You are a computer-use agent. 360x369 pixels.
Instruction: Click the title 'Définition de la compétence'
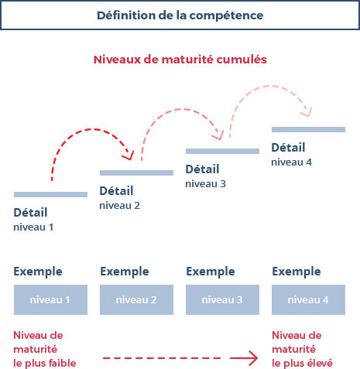coord(180,15)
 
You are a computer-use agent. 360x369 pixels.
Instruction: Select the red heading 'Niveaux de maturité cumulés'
coord(180,60)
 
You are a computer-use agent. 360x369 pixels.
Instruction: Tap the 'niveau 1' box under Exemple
coord(50,299)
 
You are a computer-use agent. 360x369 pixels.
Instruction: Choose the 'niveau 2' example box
coord(136,299)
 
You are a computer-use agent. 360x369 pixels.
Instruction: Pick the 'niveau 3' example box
coord(222,299)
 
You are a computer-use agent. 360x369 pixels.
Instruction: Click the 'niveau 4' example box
coord(308,299)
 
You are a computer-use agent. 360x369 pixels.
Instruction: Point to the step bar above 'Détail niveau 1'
coord(50,194)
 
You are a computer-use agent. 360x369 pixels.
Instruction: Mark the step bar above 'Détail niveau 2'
coord(136,173)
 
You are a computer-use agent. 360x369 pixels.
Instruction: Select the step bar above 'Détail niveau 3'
coord(222,151)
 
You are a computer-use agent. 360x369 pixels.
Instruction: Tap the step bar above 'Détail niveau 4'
coord(308,129)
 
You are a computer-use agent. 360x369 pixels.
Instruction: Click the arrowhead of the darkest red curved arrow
coord(129,156)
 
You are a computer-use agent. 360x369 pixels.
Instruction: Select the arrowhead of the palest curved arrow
coord(307,113)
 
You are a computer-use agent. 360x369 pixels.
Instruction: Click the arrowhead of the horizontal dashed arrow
coord(252,358)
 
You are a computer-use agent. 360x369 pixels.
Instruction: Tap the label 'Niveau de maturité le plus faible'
coord(45,349)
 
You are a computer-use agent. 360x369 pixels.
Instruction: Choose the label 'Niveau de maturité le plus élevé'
coord(302,349)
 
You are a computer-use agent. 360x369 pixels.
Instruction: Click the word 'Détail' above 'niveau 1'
coord(30,213)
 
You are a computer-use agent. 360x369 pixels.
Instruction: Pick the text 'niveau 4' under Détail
coord(291,162)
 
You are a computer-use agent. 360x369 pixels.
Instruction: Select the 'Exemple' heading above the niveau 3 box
coord(211,272)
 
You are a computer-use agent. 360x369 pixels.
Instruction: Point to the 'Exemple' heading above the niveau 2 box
coord(125,272)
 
